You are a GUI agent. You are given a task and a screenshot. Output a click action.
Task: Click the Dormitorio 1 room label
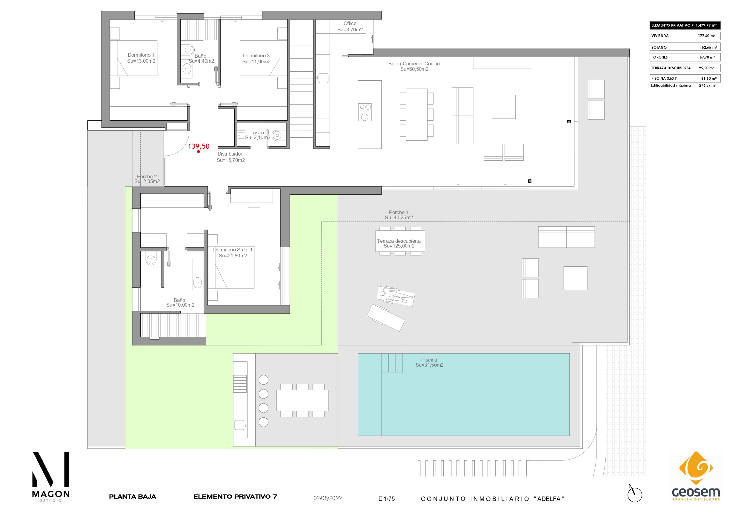coord(141,58)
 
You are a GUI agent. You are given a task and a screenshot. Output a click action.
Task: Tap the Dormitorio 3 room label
coord(256,59)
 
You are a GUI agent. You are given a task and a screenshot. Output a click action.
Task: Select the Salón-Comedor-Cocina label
coord(414,67)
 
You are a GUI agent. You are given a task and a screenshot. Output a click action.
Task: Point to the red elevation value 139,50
coord(199,146)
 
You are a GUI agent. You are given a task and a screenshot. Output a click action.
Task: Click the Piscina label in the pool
coord(429,362)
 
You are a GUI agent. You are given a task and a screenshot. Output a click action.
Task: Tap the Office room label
coord(350,27)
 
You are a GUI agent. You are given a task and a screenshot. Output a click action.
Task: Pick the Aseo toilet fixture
coord(277,135)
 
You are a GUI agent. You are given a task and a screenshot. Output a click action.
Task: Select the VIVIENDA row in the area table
coord(685,36)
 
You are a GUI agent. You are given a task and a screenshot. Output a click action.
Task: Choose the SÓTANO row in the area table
coord(685,47)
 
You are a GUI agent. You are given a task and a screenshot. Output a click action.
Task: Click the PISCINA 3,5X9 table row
coord(685,79)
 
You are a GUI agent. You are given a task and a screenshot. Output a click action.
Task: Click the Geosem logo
coord(696,476)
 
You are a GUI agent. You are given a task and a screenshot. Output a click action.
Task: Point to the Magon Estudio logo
coord(51,477)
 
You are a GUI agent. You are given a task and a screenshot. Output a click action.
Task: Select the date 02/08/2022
coord(328,498)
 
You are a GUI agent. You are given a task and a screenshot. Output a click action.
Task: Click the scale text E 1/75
coord(387,499)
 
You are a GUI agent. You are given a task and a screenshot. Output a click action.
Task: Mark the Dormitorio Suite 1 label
coord(233,253)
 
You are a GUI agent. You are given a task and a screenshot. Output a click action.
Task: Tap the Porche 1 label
coord(399,215)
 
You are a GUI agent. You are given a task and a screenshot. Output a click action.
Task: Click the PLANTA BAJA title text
coord(132,497)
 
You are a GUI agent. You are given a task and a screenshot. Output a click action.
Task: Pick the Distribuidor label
coord(230,157)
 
